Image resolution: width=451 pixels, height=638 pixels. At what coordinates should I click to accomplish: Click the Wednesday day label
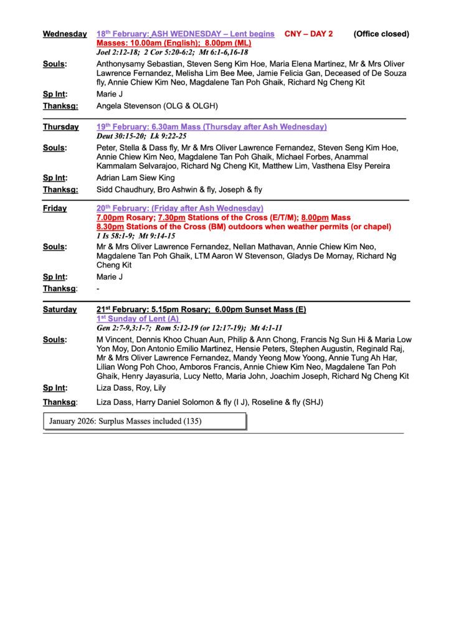pyautogui.click(x=65, y=34)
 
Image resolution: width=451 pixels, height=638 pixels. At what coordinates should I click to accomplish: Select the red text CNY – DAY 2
pyautogui.click(x=308, y=34)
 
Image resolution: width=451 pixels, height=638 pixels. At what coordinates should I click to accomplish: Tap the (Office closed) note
pyautogui.click(x=381, y=34)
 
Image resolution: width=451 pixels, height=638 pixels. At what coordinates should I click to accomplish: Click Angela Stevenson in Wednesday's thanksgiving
pyautogui.click(x=130, y=107)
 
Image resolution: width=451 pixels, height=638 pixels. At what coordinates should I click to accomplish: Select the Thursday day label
pyautogui.click(x=60, y=127)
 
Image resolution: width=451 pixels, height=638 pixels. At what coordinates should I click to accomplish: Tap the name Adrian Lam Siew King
pyautogui.click(x=136, y=178)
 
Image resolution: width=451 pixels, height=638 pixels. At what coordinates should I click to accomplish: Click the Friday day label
pyautogui.click(x=55, y=209)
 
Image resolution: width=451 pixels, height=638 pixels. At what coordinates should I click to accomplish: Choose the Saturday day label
pyautogui.click(x=60, y=310)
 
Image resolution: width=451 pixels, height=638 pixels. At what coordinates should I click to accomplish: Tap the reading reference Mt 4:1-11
pyautogui.click(x=266, y=328)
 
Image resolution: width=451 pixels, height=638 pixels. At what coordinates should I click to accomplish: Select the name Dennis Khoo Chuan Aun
pyautogui.click(x=181, y=340)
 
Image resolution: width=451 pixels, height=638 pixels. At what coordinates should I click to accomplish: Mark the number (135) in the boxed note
pyautogui.click(x=192, y=421)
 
